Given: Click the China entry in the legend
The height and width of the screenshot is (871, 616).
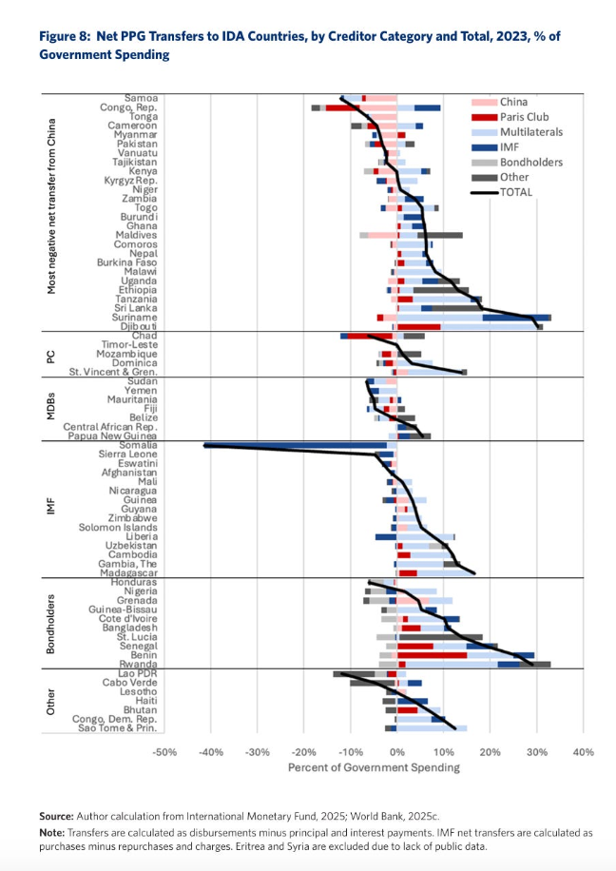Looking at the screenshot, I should [x=513, y=102].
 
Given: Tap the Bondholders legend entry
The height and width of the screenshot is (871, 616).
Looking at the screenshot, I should [x=531, y=163].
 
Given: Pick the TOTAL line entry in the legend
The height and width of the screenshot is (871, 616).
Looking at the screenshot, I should [x=516, y=192].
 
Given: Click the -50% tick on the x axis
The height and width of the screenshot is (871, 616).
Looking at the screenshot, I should [x=164, y=752].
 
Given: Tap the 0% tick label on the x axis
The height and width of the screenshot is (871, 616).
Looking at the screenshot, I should [x=396, y=752].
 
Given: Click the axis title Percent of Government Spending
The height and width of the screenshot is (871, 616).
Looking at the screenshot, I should [x=373, y=767].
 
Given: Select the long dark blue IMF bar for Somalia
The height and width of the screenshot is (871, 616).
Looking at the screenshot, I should [x=296, y=445].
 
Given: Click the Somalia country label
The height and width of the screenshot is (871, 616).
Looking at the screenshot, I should [x=140, y=445].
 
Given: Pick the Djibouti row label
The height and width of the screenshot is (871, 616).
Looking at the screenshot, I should [x=139, y=326].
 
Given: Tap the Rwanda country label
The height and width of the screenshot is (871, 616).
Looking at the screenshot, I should [x=139, y=665].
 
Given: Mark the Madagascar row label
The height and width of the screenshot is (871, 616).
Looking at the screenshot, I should [x=130, y=572].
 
